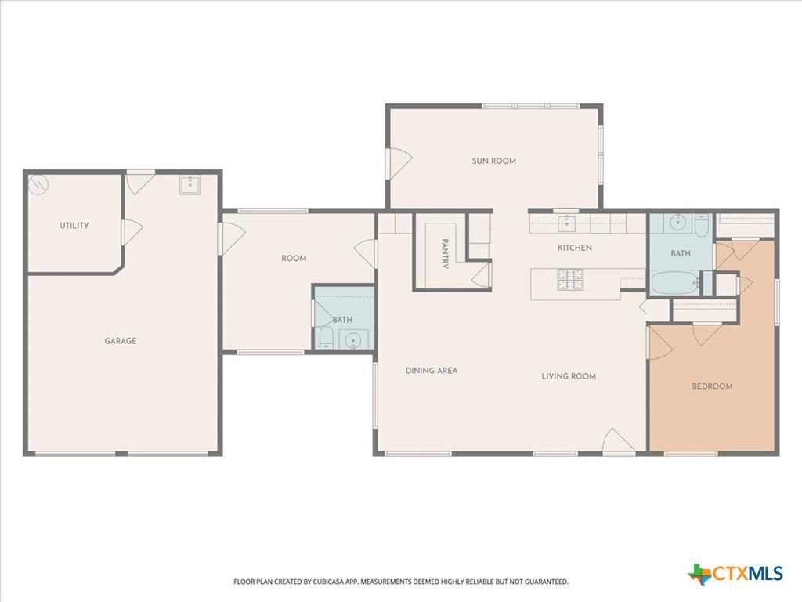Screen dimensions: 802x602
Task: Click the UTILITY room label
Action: point(74,225)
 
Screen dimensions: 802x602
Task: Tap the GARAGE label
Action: point(120,341)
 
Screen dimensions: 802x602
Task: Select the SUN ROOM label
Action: point(493,161)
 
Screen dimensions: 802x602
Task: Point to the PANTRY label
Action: point(445,253)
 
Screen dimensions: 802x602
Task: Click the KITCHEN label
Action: point(574,248)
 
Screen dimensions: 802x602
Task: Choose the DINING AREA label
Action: point(432,371)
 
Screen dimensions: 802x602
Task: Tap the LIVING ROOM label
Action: point(569,376)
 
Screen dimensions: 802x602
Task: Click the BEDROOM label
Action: point(712,386)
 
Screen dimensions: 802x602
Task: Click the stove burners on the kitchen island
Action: point(570,280)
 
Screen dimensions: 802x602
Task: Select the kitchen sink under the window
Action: point(567,223)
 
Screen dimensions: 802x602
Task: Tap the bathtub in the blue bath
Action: point(674,283)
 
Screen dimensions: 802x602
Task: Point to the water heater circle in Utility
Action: point(38,184)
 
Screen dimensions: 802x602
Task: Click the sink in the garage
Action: point(190,185)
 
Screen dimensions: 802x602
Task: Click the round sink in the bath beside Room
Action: point(353,340)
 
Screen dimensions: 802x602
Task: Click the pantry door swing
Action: point(482,274)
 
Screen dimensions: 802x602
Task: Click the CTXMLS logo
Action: point(735,573)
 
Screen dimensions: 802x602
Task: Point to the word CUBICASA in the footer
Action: point(330,582)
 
